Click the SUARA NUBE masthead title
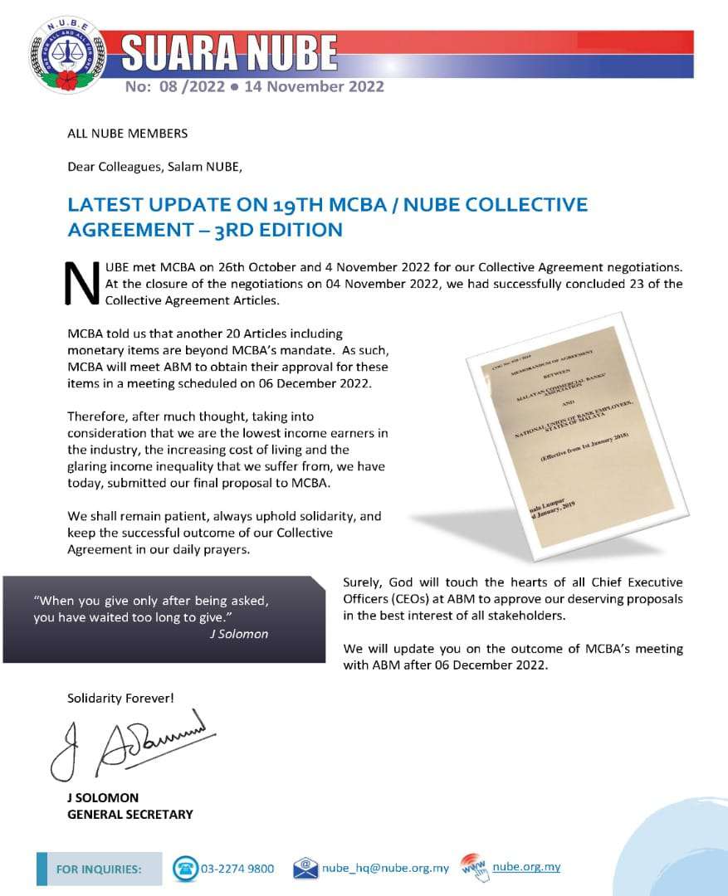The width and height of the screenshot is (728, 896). pos(230,54)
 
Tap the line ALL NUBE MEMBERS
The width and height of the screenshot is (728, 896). pos(127,133)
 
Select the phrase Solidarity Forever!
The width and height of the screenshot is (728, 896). pos(120,699)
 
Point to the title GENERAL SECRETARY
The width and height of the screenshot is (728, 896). pos(129,814)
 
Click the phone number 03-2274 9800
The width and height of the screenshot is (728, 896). pos(237,869)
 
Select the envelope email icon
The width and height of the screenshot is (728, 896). pos(305,868)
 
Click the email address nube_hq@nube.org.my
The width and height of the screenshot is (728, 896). pos(386,869)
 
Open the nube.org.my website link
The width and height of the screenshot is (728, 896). pos(526,867)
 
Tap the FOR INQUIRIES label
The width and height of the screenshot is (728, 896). pos(98,869)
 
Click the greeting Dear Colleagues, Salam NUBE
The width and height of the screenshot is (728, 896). pos(154,166)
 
